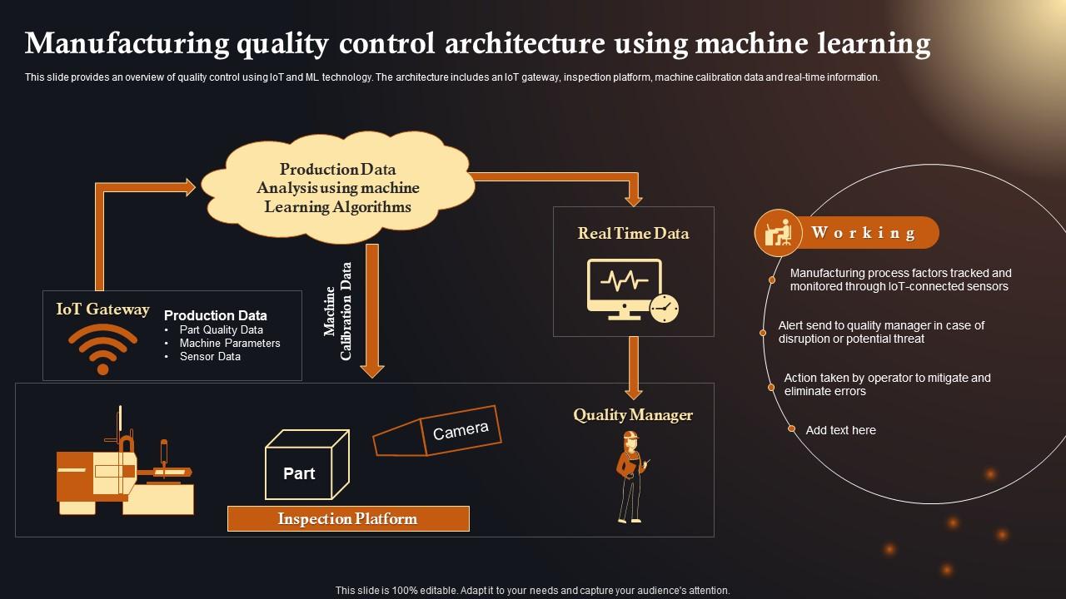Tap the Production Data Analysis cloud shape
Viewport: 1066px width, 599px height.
337,188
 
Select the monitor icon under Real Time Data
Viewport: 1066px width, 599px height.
625,287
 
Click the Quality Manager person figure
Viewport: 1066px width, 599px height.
630,477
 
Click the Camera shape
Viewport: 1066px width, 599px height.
436,431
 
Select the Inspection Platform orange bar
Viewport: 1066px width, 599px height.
348,519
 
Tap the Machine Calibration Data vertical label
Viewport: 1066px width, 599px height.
338,311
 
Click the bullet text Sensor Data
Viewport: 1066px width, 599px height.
210,356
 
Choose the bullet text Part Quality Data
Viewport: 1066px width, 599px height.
221,329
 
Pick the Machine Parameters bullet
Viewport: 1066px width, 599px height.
230,343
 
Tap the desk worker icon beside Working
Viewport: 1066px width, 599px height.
778,232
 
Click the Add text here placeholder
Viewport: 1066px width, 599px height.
840,430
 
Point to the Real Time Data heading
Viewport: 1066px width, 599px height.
633,234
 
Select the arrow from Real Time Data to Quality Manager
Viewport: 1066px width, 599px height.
634,366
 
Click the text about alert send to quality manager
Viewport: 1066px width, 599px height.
881,332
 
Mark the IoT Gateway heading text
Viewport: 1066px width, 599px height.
102,309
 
